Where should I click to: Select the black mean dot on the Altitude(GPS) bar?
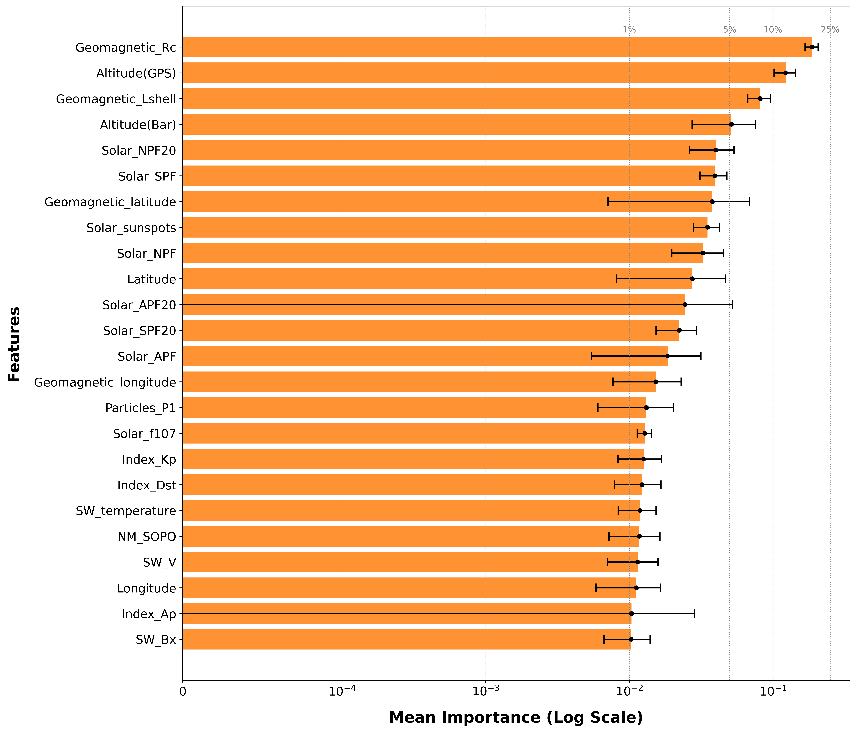click(785, 73)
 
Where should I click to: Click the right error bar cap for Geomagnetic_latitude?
click(749, 202)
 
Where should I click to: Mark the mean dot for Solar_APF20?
click(685, 305)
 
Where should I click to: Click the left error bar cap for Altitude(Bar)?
click(692, 124)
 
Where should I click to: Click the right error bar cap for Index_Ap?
click(694, 613)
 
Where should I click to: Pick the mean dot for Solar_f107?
click(644, 433)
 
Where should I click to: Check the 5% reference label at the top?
click(730, 30)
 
